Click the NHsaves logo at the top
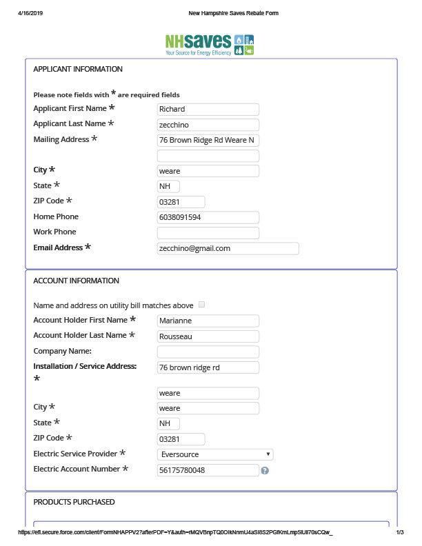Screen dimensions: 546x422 click(210, 44)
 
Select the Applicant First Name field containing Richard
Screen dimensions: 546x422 click(208, 109)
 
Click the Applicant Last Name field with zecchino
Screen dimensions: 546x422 click(208, 125)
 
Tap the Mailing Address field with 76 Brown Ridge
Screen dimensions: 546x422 click(208, 140)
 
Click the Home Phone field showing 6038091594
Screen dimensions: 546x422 click(208, 217)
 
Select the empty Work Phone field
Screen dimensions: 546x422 click(208, 233)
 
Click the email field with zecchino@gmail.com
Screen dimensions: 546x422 click(228, 248)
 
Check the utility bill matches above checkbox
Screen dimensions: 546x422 click(201, 304)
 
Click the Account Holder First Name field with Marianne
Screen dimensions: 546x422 click(208, 321)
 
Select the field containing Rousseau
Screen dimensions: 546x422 click(208, 336)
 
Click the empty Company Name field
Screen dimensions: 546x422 click(208, 352)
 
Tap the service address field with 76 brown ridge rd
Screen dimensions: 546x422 click(208, 367)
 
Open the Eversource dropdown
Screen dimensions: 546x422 click(215, 454)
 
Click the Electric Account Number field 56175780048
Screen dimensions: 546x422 click(208, 470)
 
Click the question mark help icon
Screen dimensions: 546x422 click(265, 471)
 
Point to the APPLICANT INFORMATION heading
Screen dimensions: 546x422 click(78, 70)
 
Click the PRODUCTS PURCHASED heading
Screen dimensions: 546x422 click(74, 502)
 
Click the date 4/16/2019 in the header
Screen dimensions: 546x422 click(31, 13)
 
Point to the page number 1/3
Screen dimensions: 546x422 click(399, 533)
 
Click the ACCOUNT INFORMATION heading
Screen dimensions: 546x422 click(76, 281)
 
